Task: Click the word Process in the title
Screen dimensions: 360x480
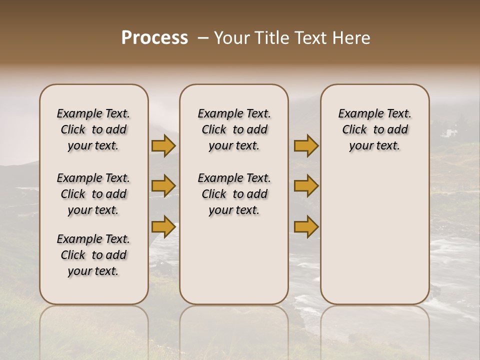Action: tap(154, 38)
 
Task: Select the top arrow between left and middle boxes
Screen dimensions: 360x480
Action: tap(163, 146)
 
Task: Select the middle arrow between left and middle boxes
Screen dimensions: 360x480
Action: tap(163, 186)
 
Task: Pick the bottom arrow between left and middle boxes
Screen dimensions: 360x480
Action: tap(163, 227)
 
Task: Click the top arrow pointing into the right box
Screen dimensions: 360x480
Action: tap(306, 146)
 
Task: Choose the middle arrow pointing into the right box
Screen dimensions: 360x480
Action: tap(306, 186)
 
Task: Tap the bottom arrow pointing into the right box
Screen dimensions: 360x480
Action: tap(306, 227)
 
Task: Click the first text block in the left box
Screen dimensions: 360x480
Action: tap(93, 129)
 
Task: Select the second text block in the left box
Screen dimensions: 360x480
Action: tap(93, 194)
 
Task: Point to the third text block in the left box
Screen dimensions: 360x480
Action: tap(93, 255)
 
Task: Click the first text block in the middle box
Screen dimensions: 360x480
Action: tap(234, 129)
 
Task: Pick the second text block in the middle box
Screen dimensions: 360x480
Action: tap(234, 194)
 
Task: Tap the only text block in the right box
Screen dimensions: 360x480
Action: tap(375, 129)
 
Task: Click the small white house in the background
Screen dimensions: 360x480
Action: tap(448, 132)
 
